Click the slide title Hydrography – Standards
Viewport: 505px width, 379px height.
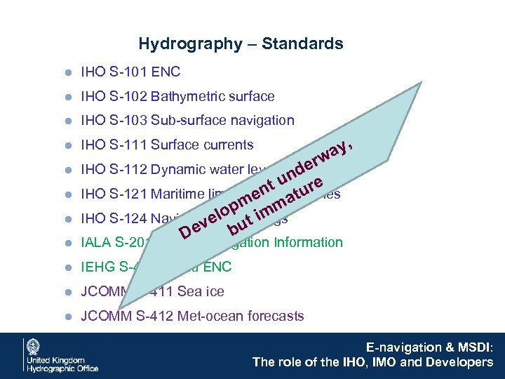(x=241, y=44)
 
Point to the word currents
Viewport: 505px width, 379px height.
(x=227, y=145)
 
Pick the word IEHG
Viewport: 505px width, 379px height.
(x=97, y=267)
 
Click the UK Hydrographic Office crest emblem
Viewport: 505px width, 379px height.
(x=33, y=347)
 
